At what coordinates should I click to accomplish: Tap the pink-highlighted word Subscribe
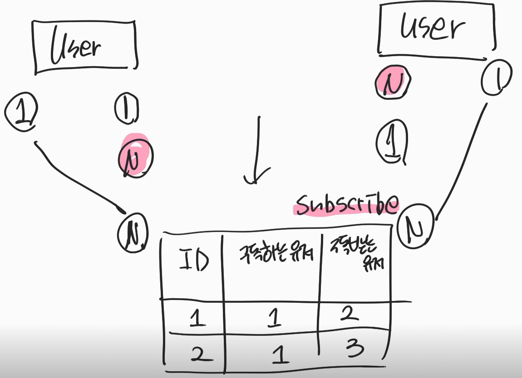tap(347, 204)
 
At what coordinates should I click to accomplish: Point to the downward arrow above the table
tap(257, 152)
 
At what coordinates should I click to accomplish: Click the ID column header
tap(194, 262)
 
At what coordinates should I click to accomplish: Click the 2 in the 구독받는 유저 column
tap(349, 314)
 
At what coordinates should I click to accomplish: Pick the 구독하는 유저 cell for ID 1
tap(273, 319)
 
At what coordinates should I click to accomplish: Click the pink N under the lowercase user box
tap(393, 81)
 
